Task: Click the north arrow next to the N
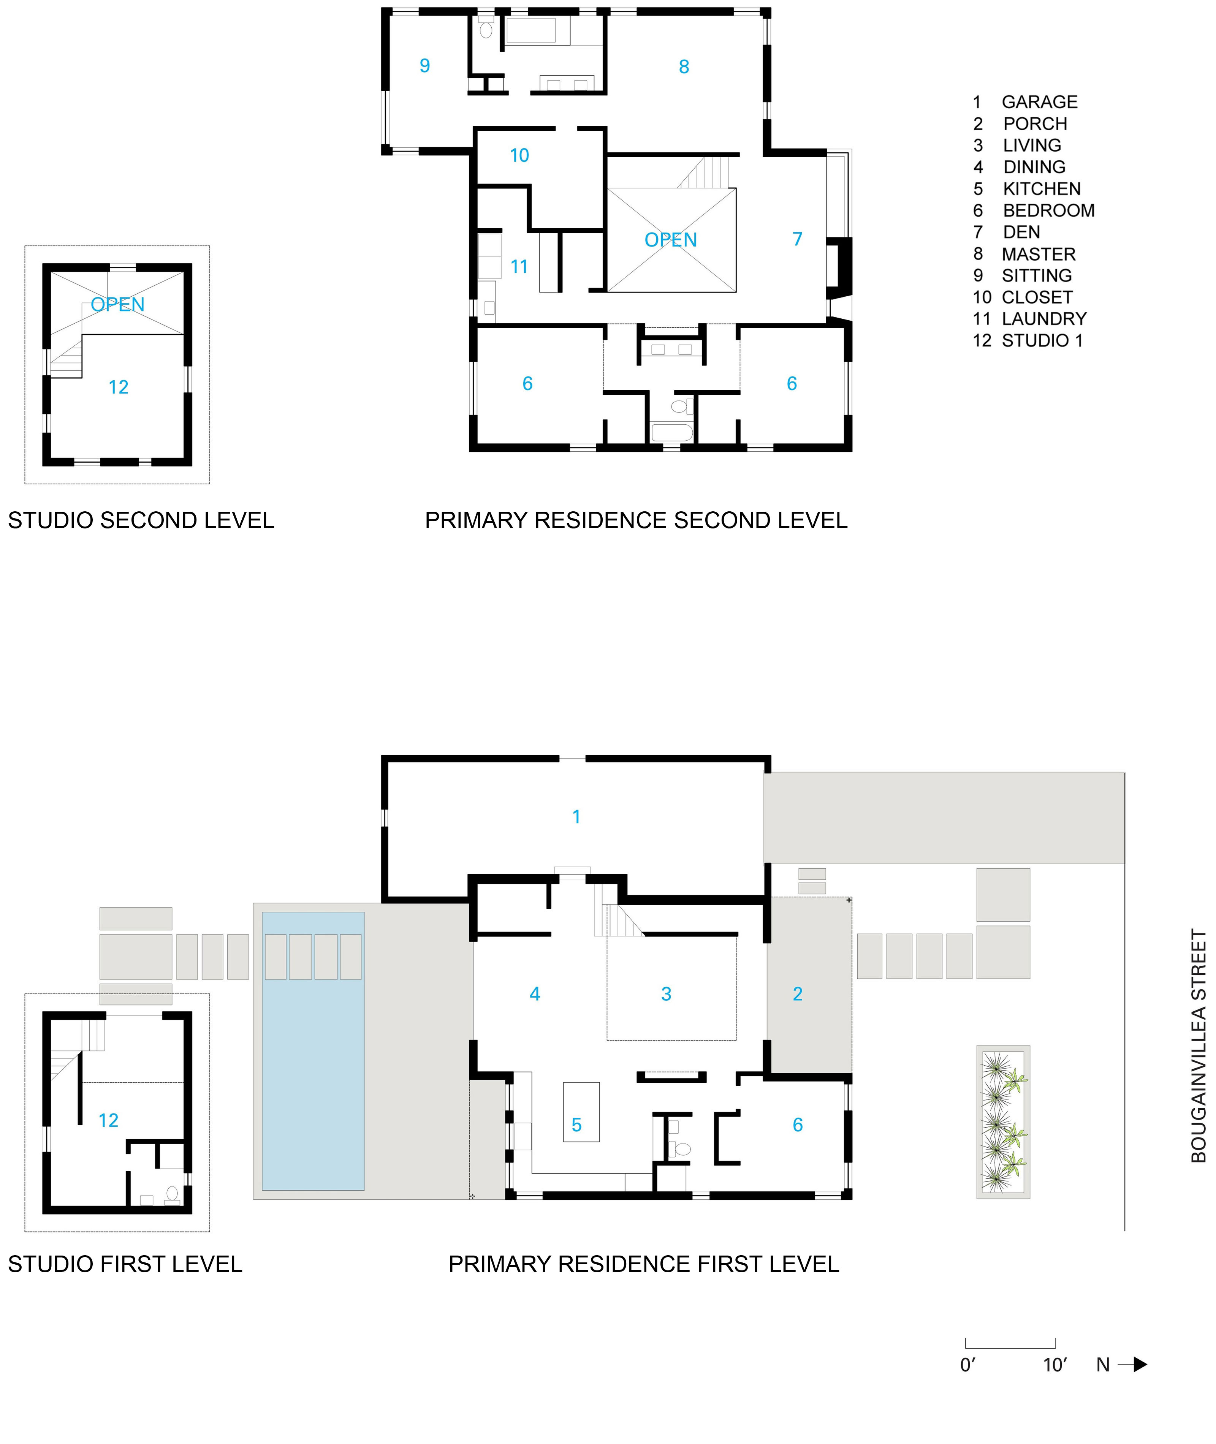pos(1132,1364)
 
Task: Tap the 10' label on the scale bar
pos(1055,1365)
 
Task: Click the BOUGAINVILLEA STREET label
pos(1199,1045)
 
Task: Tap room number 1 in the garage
pos(576,817)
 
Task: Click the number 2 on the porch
pos(798,994)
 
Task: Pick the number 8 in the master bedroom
pos(684,67)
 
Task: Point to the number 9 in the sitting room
pos(424,65)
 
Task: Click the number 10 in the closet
pos(519,156)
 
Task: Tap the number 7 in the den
pos(798,239)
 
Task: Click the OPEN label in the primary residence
pos(671,240)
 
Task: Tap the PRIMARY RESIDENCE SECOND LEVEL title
pos(636,520)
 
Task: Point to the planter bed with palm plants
pos(1003,1122)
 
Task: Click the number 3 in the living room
pos(666,994)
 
